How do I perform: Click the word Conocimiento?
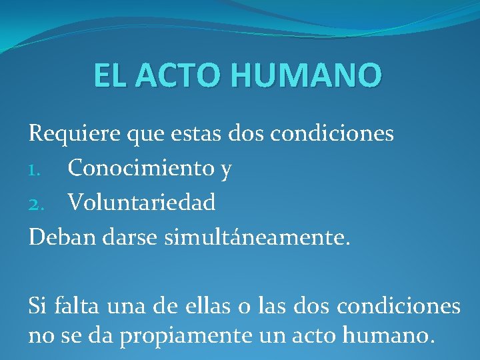pyautogui.click(x=141, y=168)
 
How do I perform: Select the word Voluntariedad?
pyautogui.click(x=141, y=202)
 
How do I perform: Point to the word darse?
pyautogui.click(x=134, y=237)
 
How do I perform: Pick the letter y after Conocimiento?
pyautogui.click(x=226, y=171)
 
